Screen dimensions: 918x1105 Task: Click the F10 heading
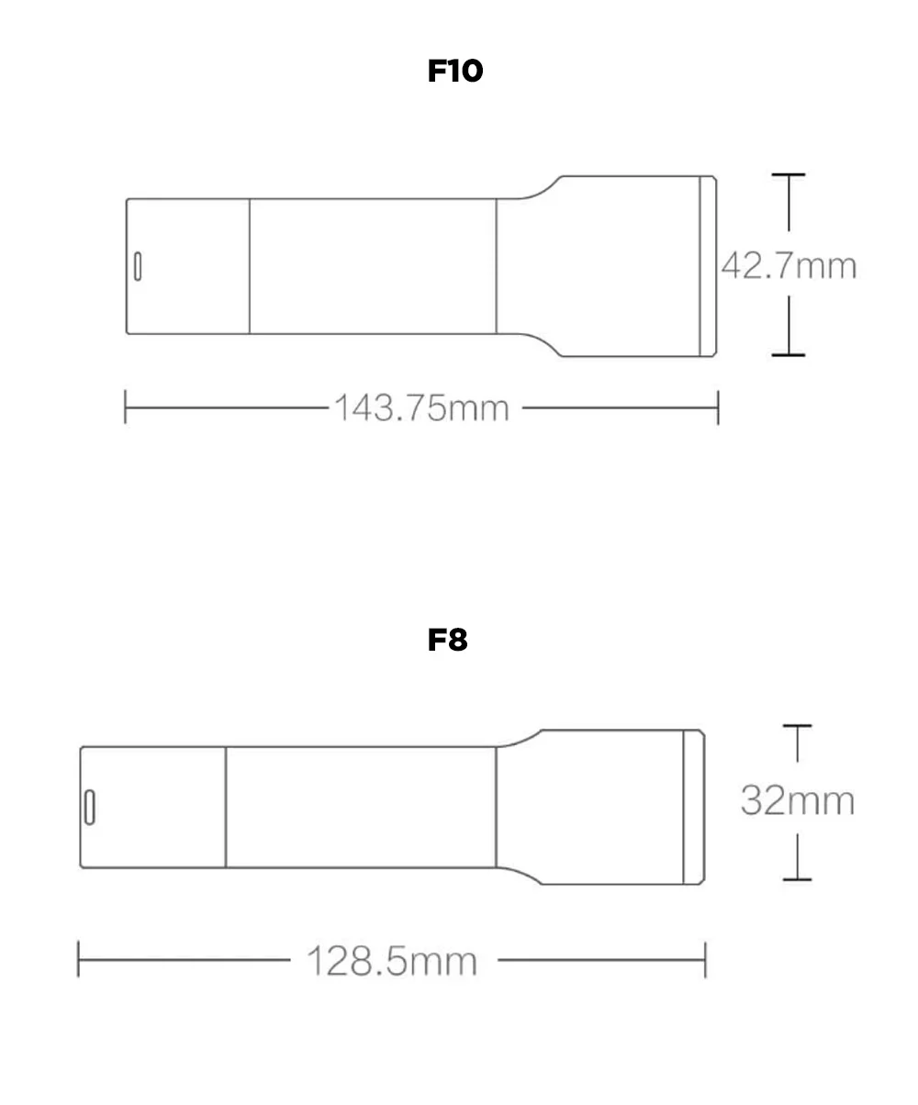454,71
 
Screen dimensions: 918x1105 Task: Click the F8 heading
447,640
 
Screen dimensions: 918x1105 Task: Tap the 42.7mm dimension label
789,265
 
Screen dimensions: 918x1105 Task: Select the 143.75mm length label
422,408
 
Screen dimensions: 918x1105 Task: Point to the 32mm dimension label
798,800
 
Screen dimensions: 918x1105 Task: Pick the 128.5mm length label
392,961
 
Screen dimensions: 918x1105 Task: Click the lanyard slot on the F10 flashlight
138,266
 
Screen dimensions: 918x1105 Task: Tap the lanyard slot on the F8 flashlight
90,807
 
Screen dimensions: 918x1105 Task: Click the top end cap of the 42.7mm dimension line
789,174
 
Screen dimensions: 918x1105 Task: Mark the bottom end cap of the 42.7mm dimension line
789,355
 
